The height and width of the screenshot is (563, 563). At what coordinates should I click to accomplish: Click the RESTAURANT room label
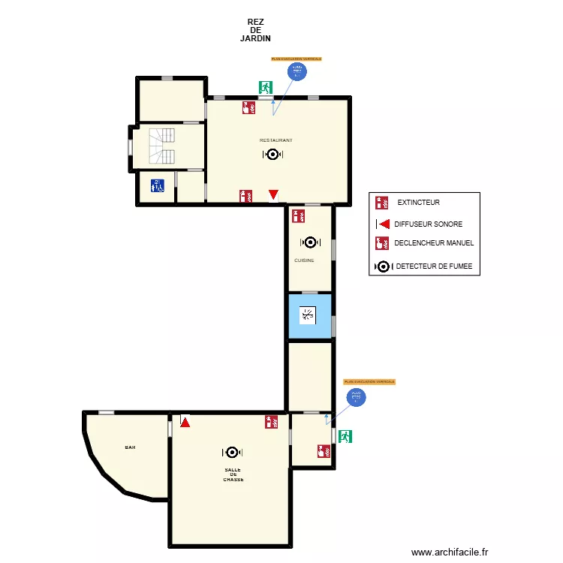coord(275,140)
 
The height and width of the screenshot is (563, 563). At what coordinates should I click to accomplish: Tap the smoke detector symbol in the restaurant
coord(272,155)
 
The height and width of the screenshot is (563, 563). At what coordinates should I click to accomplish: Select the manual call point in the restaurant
coord(248,107)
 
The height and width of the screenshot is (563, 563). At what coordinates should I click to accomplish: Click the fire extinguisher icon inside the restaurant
coord(245,196)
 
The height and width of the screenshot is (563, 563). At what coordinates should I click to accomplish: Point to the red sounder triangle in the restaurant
coord(274,195)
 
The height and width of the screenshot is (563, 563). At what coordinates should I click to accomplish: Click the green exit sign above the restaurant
coord(265,88)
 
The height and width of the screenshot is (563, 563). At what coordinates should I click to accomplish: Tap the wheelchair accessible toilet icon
coord(157,185)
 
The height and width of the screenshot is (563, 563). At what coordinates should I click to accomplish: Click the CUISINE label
coord(304,260)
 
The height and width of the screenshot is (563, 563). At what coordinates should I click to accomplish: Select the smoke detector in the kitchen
coord(309,242)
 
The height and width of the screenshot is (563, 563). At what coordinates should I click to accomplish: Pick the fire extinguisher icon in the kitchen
coord(298,216)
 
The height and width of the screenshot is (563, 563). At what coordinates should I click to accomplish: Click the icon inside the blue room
coord(309,315)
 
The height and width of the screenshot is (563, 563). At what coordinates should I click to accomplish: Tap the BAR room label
coord(131,447)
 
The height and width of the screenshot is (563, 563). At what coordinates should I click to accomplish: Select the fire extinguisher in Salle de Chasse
coord(271,422)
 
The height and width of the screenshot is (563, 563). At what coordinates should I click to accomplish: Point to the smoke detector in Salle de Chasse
coord(232,452)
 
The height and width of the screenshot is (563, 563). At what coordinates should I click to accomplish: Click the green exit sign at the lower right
coord(345,436)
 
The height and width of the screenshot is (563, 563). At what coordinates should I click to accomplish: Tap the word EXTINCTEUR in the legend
coord(419,203)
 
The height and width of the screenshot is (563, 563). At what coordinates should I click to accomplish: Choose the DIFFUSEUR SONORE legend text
coord(429,224)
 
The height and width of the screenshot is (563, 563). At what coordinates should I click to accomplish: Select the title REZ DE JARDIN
coord(255,30)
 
